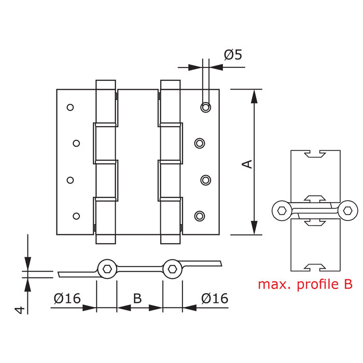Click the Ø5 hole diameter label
[x=233, y=54]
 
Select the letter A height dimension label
[x=248, y=163]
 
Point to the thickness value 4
[x=19, y=310]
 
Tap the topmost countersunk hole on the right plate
[x=206, y=107]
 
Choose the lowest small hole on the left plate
[x=76, y=215]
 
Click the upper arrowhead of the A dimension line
[x=254, y=95]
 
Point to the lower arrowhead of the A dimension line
[x=254, y=228]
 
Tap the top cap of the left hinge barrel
[x=106, y=85]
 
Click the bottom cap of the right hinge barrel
[x=170, y=239]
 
